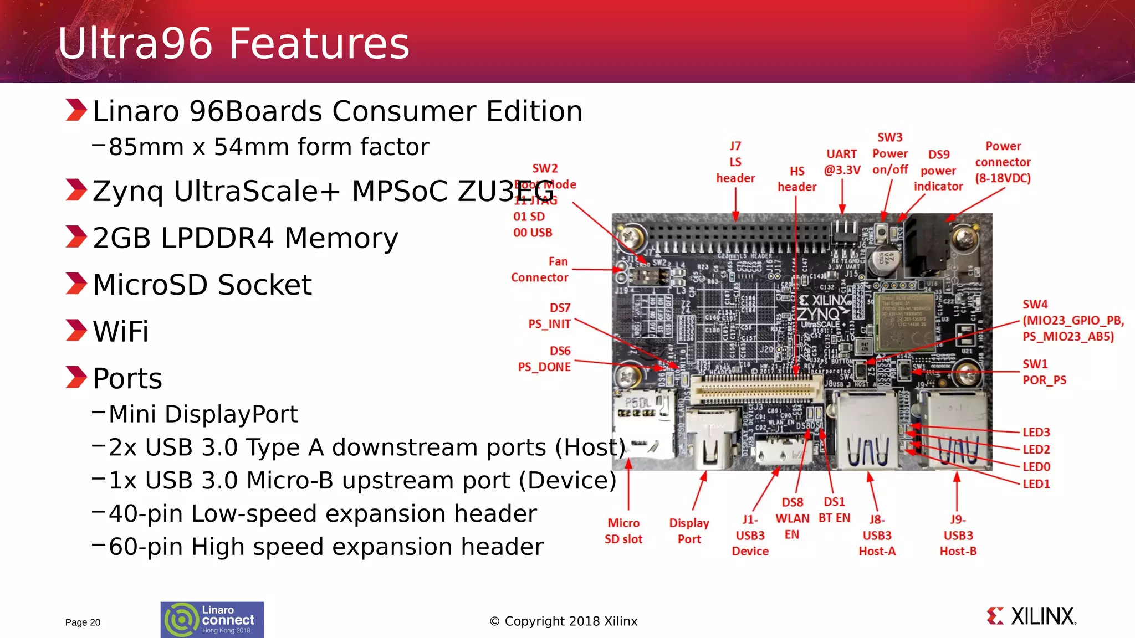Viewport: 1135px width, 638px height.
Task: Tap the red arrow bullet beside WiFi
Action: (76, 331)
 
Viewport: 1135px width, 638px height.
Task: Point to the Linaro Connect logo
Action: (212, 619)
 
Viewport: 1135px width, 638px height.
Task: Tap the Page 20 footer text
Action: (83, 622)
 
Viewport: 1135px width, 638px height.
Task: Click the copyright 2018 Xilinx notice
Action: (564, 621)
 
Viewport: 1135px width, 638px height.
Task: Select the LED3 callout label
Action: (1036, 433)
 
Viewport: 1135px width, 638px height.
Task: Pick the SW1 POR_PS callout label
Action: (1044, 372)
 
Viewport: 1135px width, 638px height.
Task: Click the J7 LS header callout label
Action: (735, 162)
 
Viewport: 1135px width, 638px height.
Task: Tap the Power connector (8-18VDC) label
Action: (1003, 162)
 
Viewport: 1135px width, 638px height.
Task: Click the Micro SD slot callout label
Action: (623, 531)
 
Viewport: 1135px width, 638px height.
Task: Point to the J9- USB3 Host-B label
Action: (958, 535)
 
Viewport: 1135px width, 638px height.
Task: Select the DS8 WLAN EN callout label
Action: (792, 518)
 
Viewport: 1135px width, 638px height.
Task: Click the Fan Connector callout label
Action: (540, 269)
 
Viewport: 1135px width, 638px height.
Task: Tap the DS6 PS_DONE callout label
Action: (545, 359)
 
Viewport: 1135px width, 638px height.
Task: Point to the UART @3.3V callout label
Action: (842, 162)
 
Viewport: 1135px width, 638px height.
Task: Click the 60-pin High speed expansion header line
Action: (326, 547)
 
